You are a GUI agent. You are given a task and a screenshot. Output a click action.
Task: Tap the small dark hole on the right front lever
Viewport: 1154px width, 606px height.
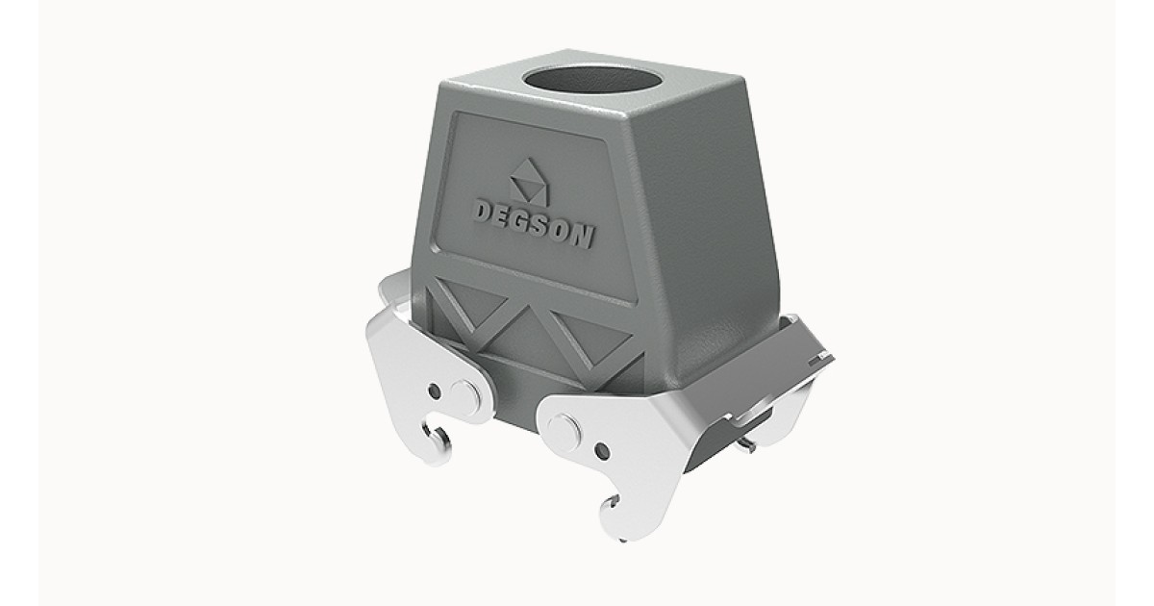pos(602,449)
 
